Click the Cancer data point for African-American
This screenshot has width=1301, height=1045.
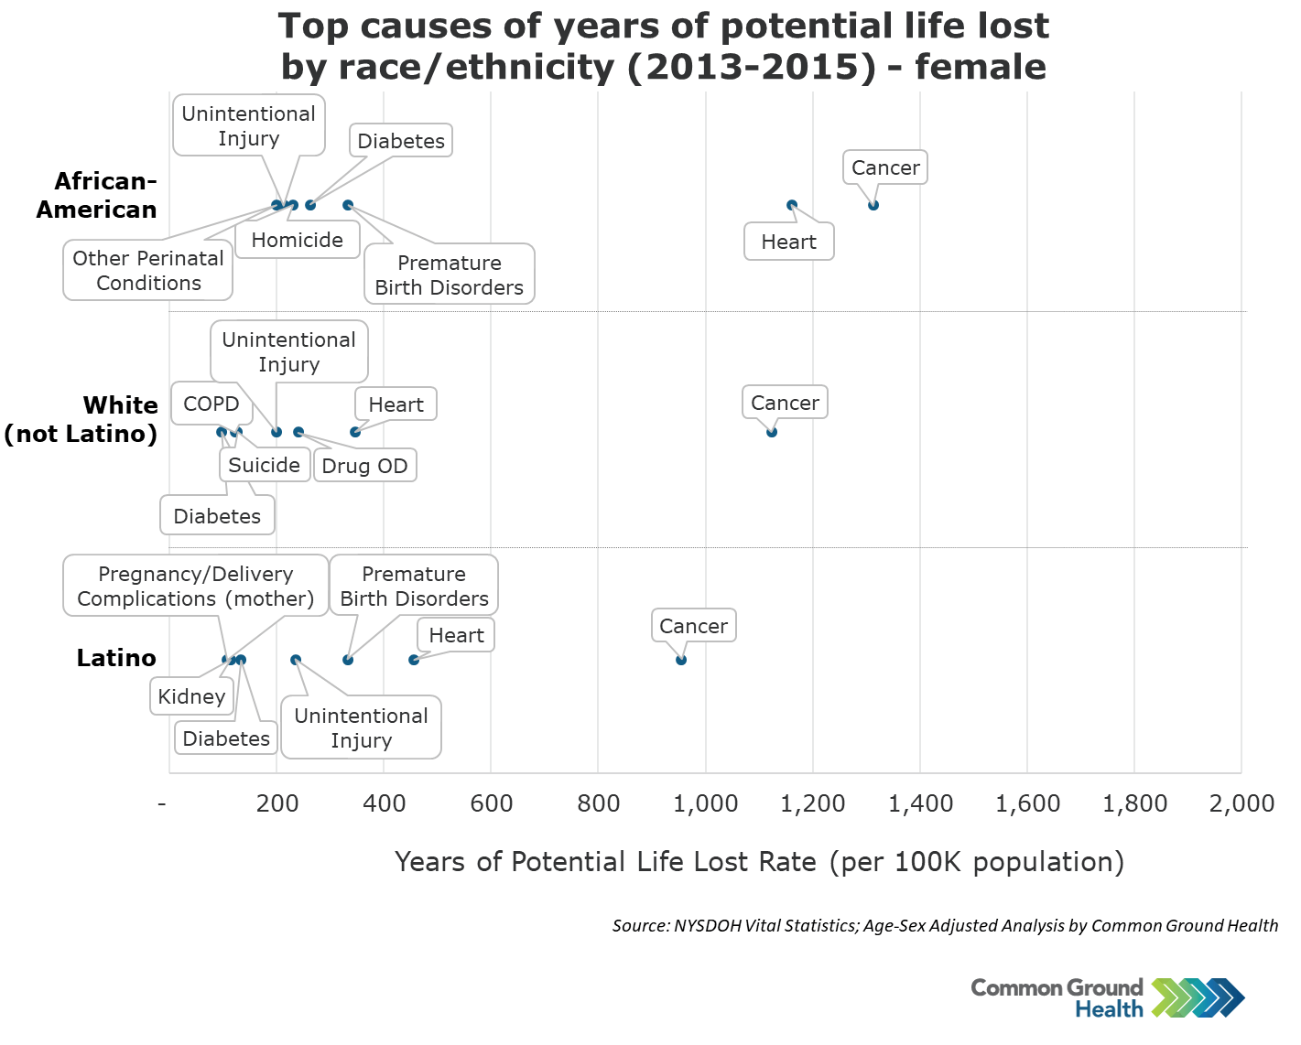click(873, 205)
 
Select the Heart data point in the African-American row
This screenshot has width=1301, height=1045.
click(792, 205)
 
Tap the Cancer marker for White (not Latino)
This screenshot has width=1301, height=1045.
click(772, 432)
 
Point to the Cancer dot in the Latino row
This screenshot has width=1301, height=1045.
click(681, 660)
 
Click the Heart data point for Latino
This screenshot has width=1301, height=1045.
click(414, 660)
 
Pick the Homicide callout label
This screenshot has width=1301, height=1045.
click(298, 241)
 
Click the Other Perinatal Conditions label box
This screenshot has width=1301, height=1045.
click(148, 271)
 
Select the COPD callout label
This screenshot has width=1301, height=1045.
click(211, 404)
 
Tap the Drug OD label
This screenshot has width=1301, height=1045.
click(364, 466)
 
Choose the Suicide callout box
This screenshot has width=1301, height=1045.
click(264, 465)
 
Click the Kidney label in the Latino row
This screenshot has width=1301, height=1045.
click(191, 697)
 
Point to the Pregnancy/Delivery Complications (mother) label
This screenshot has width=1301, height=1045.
click(196, 587)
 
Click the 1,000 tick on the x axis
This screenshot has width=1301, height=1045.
click(705, 804)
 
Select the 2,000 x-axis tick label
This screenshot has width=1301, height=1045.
click(1241, 804)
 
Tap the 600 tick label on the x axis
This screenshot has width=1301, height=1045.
click(491, 804)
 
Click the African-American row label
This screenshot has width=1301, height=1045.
click(97, 196)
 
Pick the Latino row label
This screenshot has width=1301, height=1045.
click(116, 658)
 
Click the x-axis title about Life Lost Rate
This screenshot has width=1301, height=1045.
click(759, 862)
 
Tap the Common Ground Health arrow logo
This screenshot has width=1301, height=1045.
click(1198, 998)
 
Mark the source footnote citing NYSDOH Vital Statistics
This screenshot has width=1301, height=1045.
click(945, 926)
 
